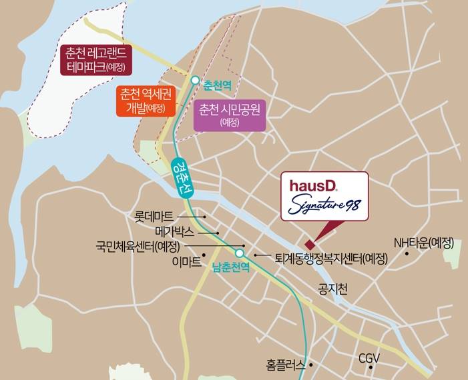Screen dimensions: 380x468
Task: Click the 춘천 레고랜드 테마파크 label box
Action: coord(97,60)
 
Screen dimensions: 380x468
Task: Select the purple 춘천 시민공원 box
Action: coord(229,115)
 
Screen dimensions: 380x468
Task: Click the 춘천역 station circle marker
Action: coord(194,80)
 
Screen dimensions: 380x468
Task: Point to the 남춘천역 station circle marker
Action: coord(240,253)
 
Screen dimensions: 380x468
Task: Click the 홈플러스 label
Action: coord(286,365)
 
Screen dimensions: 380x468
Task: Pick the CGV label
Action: coord(369,358)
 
